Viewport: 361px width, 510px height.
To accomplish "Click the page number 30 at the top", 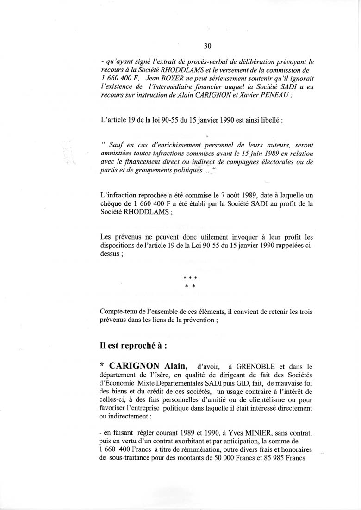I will pyautogui.click(x=207, y=45).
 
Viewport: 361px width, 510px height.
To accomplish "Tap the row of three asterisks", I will pyautogui.click(x=190, y=278).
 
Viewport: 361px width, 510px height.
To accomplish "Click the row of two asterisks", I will pyautogui.click(x=190, y=287).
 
